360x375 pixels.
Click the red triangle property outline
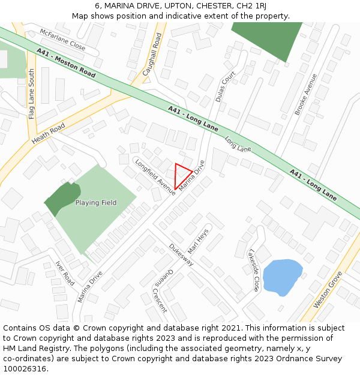click(x=182, y=175)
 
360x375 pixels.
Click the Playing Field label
click(x=96, y=203)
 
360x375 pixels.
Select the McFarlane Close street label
click(x=62, y=39)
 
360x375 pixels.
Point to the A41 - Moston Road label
click(x=66, y=63)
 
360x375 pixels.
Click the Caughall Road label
click(x=152, y=55)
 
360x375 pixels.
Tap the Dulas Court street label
click(x=226, y=87)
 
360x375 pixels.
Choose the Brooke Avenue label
click(x=305, y=94)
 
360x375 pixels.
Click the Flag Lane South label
click(x=32, y=93)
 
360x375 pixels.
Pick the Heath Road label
click(x=48, y=136)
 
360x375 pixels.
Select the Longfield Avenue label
click(x=155, y=177)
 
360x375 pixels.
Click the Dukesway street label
click(x=181, y=254)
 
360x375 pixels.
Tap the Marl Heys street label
click(x=198, y=241)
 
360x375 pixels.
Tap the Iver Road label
click(x=64, y=273)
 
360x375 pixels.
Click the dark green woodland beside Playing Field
click(x=62, y=198)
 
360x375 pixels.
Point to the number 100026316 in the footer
click(x=24, y=368)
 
